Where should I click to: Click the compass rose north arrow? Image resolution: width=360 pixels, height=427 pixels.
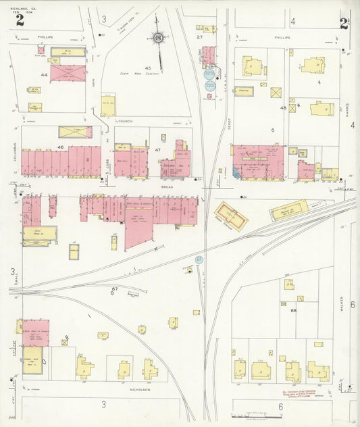[158, 38]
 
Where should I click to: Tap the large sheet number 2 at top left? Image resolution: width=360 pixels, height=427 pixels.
[20, 20]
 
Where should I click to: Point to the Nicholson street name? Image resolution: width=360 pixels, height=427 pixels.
[139, 390]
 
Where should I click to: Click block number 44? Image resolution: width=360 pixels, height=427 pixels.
[44, 75]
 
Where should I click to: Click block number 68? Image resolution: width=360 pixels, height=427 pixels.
[293, 310]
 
